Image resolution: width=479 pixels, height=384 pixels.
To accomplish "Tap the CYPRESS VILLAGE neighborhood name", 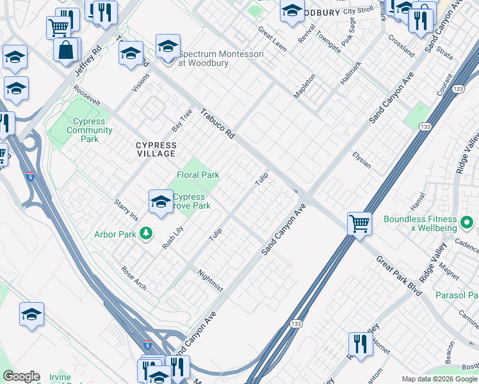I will coord(156,150).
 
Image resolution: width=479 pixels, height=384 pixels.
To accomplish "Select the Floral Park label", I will coord(198,175).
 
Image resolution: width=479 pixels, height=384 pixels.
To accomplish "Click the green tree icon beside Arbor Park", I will coord(147,234).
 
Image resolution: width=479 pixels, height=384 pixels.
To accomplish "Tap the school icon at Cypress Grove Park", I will coord(160,202).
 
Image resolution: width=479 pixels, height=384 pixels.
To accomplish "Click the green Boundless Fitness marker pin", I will coord(467,223).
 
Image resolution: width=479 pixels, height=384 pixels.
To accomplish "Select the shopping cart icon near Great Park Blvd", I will coord(359,224).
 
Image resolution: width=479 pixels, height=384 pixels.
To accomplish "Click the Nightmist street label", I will coord(211,281).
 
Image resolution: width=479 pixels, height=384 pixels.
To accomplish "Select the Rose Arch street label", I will coord(134,278).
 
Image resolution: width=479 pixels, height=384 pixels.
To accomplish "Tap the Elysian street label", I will coord(362,160).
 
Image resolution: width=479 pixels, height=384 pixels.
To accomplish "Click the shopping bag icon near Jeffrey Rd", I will coord(66,50).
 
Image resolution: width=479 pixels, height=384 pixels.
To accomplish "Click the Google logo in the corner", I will coord(21,376).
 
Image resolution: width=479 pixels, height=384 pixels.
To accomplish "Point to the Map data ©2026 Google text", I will coord(439,379).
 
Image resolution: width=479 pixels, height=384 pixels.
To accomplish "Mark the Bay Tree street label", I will coord(182,118).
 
